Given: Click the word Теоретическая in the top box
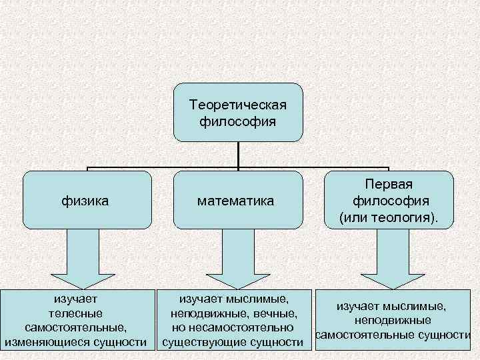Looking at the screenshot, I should (x=238, y=105).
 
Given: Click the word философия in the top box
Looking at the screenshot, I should (x=238, y=121).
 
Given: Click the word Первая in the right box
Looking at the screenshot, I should (x=389, y=184).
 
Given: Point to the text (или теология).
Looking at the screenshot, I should (x=389, y=217).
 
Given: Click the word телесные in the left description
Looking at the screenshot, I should (x=76, y=313).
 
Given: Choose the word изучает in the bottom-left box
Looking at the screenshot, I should (x=76, y=298).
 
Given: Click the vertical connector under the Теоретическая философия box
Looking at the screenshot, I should (x=238, y=153).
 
